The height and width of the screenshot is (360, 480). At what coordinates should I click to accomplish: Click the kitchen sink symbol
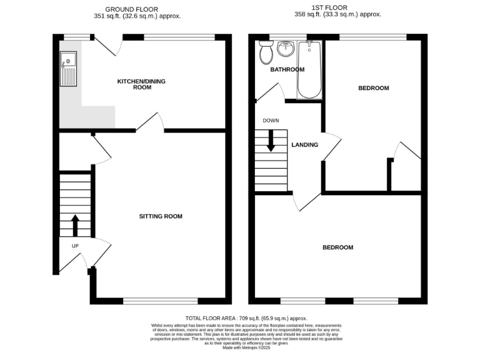(x=68, y=69)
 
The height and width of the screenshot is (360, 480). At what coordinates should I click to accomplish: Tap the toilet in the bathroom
(x=265, y=52)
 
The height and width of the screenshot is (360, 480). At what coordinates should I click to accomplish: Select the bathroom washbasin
(x=286, y=48)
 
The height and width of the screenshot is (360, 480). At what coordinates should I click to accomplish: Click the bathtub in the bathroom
(x=309, y=70)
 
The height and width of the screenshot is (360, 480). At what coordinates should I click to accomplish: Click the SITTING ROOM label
(x=161, y=216)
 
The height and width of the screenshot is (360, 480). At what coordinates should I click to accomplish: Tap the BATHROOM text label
(x=287, y=69)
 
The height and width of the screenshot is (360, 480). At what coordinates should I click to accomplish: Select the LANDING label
(x=305, y=145)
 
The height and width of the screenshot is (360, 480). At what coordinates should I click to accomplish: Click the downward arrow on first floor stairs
(x=271, y=140)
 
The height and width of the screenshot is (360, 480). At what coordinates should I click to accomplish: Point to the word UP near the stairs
(x=75, y=246)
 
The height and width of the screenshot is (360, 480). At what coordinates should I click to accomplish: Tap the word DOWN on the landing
(x=271, y=120)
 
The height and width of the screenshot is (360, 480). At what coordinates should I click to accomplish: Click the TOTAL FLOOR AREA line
(x=246, y=318)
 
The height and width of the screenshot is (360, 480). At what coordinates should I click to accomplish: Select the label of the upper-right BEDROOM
(x=373, y=88)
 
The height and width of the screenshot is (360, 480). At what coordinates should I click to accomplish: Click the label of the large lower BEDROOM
(x=337, y=247)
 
